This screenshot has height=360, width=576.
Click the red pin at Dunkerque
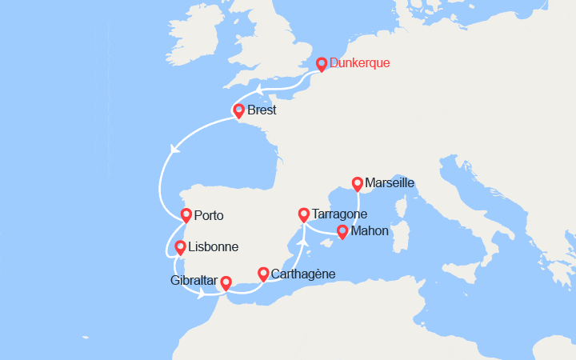coord(322,64)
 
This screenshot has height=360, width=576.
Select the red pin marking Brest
coord(238,110)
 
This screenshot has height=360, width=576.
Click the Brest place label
coord(262,110)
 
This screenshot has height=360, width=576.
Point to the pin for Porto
coord(186,214)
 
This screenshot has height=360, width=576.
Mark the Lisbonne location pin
coord(181,247)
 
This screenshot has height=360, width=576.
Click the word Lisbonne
coord(214,247)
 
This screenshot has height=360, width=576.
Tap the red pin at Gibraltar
coord(226,282)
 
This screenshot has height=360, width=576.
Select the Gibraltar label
coord(194,280)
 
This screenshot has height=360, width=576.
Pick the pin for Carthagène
coord(263,274)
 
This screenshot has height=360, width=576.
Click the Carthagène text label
coord(303,274)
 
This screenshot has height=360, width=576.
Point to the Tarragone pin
coord(303,214)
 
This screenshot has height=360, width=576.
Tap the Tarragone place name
coord(341,214)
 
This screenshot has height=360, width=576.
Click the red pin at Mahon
coord(342,232)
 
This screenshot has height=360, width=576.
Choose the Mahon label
coord(370,231)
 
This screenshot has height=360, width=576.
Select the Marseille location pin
coord(358,183)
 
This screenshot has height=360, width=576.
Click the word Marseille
coord(390,182)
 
